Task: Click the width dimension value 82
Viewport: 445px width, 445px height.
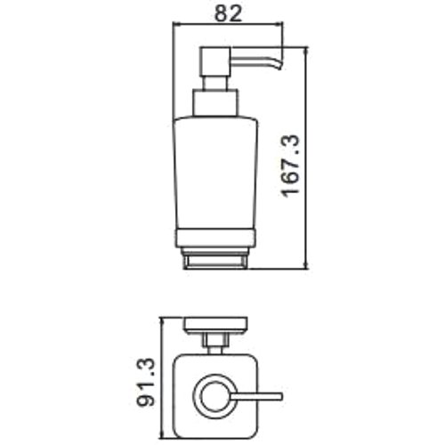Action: pyautogui.click(x=225, y=13)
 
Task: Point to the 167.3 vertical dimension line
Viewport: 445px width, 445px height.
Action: pyautogui.click(x=306, y=160)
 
